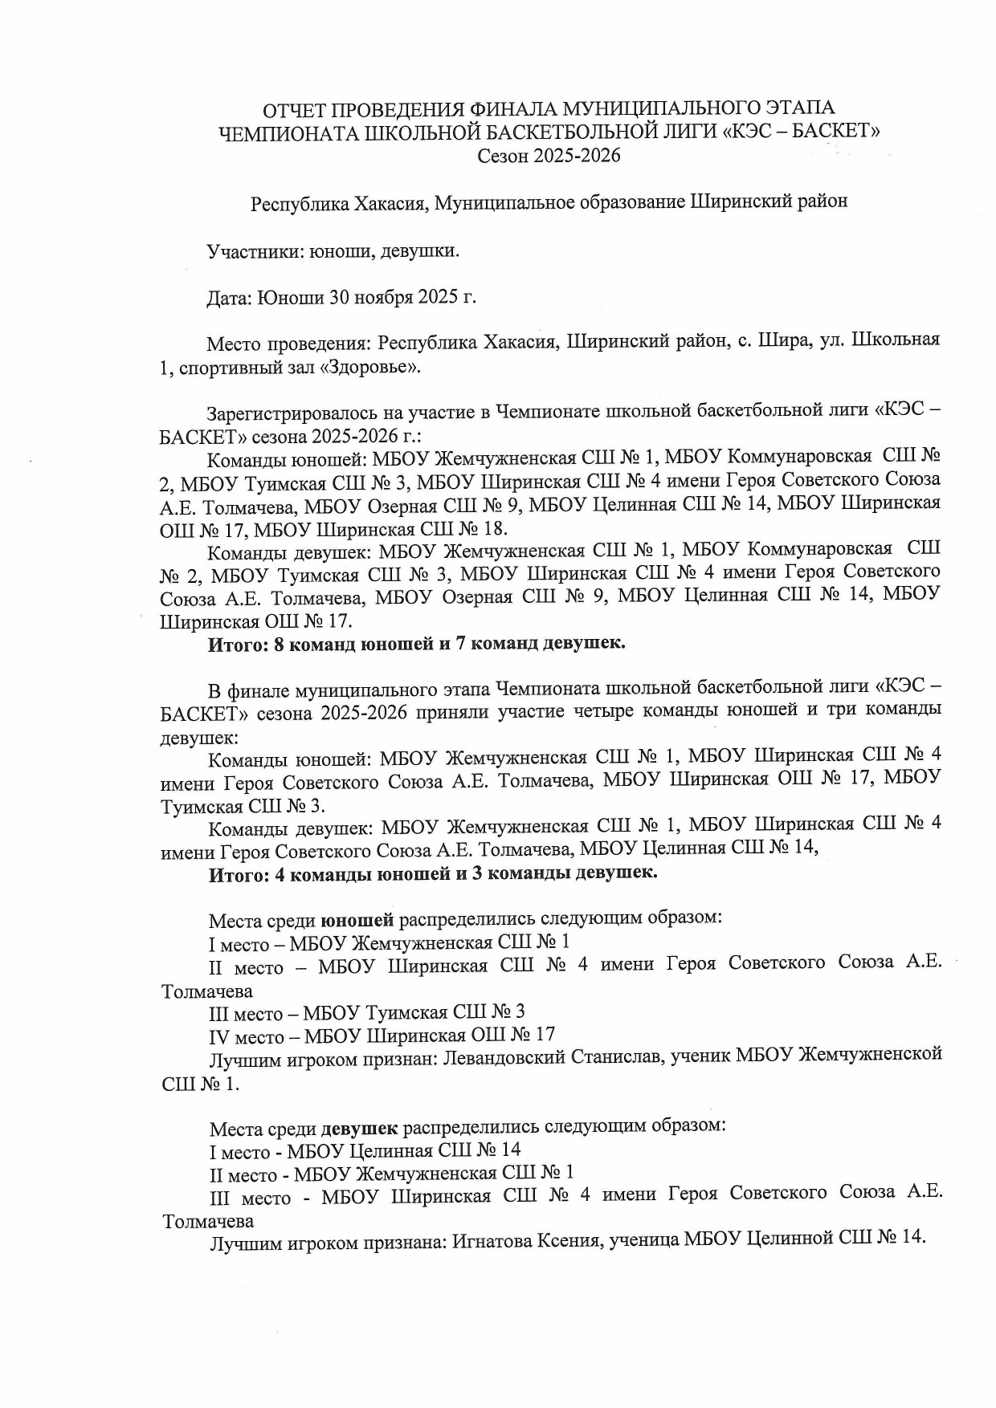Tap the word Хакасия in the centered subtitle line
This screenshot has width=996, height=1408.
[x=391, y=203]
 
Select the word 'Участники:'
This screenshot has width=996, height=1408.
[x=253, y=251]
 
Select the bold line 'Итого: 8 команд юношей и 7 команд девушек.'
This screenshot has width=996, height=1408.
[x=417, y=644]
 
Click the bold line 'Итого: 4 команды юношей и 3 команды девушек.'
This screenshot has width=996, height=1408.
[x=433, y=873]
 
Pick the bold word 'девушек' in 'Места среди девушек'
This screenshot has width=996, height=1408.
[x=359, y=1129]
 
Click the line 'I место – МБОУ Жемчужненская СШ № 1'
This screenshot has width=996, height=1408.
[x=390, y=942]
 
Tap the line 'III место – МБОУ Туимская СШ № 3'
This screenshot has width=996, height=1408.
[x=367, y=1012]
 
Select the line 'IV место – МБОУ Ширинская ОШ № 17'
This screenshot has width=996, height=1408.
[x=382, y=1036]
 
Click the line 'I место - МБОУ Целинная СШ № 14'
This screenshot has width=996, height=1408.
[x=365, y=1151]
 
